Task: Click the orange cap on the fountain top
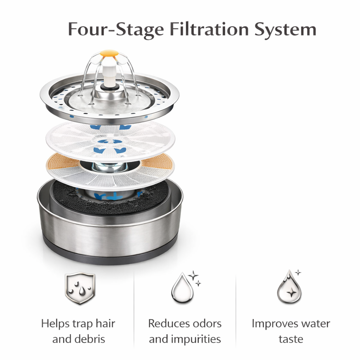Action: tap(109, 53)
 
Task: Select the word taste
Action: tap(291, 339)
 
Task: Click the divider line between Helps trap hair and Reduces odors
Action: tap(134, 309)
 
